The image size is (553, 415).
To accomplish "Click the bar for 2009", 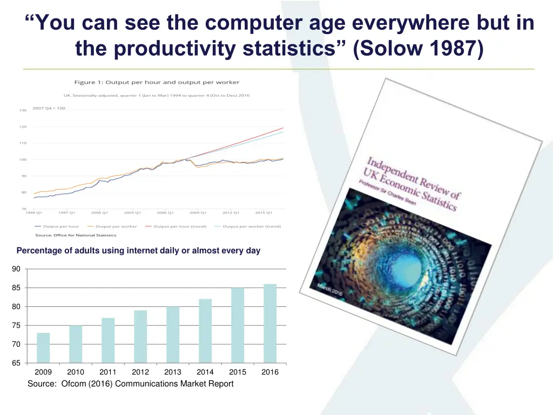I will click(x=43, y=347).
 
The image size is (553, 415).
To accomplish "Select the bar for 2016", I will click(x=270, y=323).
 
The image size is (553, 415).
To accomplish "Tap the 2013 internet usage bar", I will click(x=173, y=334).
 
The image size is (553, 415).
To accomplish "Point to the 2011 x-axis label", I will click(x=108, y=372).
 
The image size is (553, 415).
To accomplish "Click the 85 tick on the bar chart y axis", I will click(x=16, y=288).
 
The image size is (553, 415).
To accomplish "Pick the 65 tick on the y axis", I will click(x=16, y=363).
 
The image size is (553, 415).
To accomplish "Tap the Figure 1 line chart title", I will click(x=157, y=82).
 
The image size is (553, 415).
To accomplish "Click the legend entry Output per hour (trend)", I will click(x=180, y=226).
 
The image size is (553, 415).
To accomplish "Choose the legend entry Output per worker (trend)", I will click(x=251, y=226).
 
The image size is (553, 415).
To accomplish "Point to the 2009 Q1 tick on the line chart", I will click(x=198, y=212).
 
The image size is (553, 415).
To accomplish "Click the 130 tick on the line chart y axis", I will click(x=23, y=110).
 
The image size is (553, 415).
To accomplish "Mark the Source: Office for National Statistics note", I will click(x=76, y=235).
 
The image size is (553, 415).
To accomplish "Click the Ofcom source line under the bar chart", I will click(x=131, y=384).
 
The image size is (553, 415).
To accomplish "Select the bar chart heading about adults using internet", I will click(x=138, y=251).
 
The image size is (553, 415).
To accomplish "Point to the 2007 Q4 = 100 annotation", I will click(x=49, y=108).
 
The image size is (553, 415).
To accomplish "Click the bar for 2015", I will click(x=238, y=325).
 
